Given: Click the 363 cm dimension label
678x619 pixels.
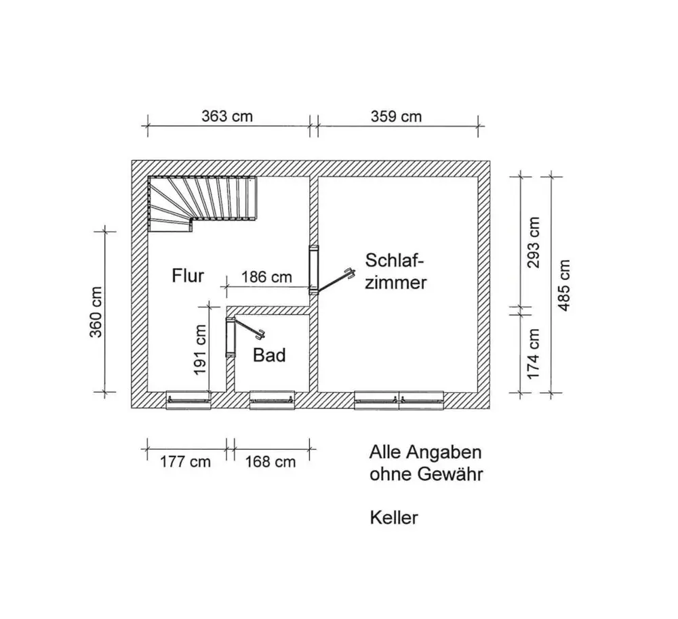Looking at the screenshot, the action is (x=226, y=116).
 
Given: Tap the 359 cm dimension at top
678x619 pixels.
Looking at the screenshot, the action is (x=396, y=116).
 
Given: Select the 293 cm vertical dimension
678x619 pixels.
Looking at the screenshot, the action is (x=534, y=242).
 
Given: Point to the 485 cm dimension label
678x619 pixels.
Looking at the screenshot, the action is (x=564, y=285).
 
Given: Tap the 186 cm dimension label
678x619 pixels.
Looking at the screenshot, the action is (x=266, y=277).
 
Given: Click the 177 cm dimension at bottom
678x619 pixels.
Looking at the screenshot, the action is (x=185, y=462).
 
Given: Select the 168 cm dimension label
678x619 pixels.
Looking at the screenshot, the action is (x=270, y=462).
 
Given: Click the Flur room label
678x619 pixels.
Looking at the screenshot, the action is (x=188, y=276).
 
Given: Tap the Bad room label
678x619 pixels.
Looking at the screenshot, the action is (x=269, y=355).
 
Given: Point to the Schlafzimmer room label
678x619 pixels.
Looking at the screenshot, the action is (x=396, y=271).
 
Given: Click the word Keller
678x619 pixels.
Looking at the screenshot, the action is (x=394, y=518).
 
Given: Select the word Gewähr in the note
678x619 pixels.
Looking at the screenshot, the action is (x=451, y=475).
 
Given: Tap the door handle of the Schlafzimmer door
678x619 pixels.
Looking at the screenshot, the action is (x=350, y=274).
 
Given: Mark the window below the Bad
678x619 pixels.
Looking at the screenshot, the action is (x=272, y=400).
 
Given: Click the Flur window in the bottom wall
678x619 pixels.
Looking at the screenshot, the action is (x=189, y=400).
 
